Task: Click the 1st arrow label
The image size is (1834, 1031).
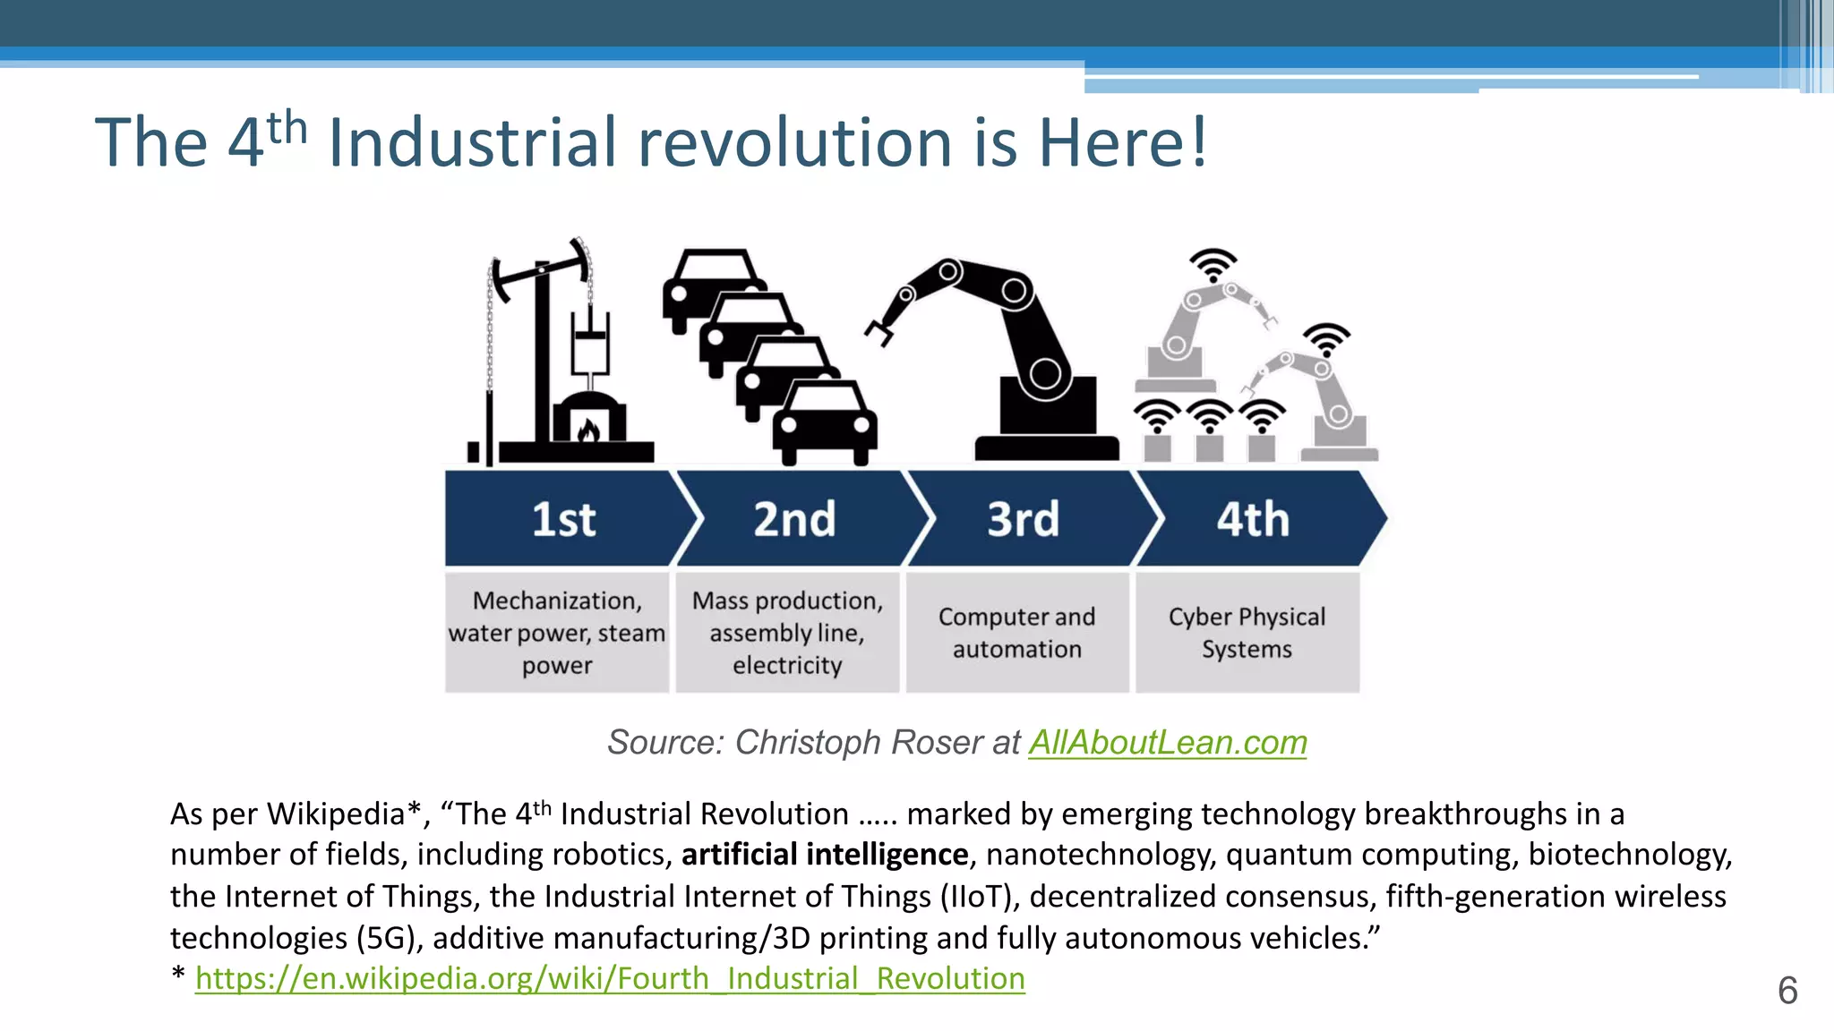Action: (x=563, y=519)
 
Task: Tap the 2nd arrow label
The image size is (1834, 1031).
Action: (x=794, y=519)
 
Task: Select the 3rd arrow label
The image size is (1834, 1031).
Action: (x=1023, y=519)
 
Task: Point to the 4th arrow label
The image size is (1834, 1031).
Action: (x=1252, y=519)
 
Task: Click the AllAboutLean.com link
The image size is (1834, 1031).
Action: (x=1167, y=743)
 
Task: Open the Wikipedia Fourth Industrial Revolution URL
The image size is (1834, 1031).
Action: (x=610, y=978)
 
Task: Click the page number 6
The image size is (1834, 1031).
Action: (x=1787, y=991)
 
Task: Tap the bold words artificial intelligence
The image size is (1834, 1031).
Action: (x=824, y=855)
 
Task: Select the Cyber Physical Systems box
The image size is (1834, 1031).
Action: (x=1247, y=632)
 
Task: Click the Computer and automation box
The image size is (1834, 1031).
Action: (x=1016, y=632)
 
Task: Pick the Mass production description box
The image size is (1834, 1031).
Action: (x=787, y=632)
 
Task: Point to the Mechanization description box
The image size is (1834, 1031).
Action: (x=556, y=632)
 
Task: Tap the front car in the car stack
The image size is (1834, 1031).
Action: (x=824, y=423)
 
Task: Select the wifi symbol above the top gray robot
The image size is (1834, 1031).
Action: (x=1213, y=265)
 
